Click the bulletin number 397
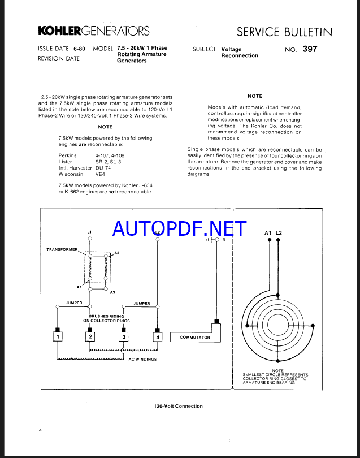pyautogui.click(x=310, y=49)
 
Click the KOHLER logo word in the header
pyautogui.click(x=59, y=31)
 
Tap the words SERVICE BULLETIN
pyautogui.click(x=284, y=32)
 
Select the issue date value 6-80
pyautogui.click(x=79, y=49)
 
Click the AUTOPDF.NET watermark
pyautogui.click(x=179, y=228)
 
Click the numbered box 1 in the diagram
pyautogui.click(x=57, y=337)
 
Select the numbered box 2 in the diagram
pyautogui.click(x=89, y=337)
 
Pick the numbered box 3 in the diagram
pyautogui.click(x=124, y=337)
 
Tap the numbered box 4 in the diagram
pyautogui.click(x=158, y=337)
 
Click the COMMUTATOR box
pyautogui.click(x=195, y=338)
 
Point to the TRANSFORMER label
pyautogui.click(x=62, y=249)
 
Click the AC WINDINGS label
pyautogui.click(x=142, y=359)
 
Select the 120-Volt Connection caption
pyautogui.click(x=178, y=406)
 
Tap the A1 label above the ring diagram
pyautogui.click(x=268, y=233)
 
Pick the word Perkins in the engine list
pyautogui.click(x=67, y=154)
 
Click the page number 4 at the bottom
pyautogui.click(x=40, y=431)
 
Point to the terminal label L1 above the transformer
pyautogui.click(x=89, y=232)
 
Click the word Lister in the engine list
pyautogui.click(x=66, y=161)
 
